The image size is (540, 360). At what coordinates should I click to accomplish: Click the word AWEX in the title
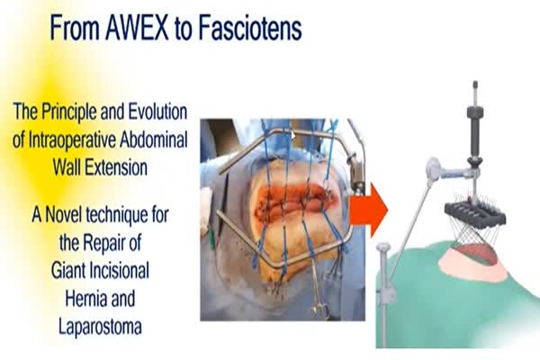[137, 28]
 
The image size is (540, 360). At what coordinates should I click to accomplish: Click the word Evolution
[158, 112]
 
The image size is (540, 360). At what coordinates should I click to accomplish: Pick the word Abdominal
[154, 139]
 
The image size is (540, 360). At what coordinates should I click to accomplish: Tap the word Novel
[63, 214]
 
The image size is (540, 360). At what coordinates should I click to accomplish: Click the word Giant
[67, 271]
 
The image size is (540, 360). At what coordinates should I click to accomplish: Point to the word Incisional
[118, 271]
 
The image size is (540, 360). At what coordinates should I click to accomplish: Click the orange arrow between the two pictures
[368, 211]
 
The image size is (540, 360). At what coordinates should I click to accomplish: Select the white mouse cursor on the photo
[293, 135]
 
